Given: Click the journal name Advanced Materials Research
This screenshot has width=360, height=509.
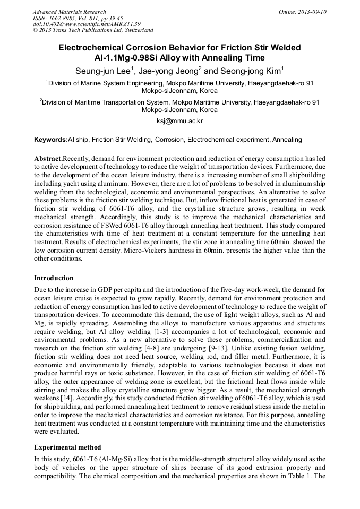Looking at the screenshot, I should [x=69, y=12].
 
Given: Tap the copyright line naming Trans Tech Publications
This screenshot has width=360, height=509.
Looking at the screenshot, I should [x=93, y=30].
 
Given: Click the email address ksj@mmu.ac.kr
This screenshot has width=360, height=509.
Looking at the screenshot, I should [x=179, y=121].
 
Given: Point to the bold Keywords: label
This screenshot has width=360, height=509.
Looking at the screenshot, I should [x=51, y=140].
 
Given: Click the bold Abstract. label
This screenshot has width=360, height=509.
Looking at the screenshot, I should [x=48, y=159].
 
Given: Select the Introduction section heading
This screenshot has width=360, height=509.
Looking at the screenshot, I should [x=54, y=278].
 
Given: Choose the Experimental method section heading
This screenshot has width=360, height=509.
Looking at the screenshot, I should [x=67, y=447].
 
